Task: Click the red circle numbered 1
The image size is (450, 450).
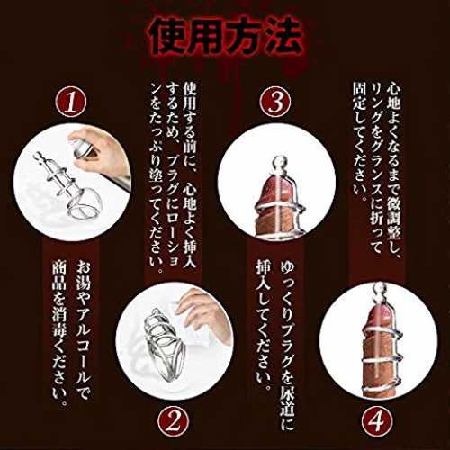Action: click(x=71, y=102)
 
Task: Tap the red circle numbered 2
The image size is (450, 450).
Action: click(x=174, y=422)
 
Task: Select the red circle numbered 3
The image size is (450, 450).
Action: click(x=275, y=102)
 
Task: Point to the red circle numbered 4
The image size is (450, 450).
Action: click(x=377, y=422)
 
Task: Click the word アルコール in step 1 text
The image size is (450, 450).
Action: click(x=83, y=344)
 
